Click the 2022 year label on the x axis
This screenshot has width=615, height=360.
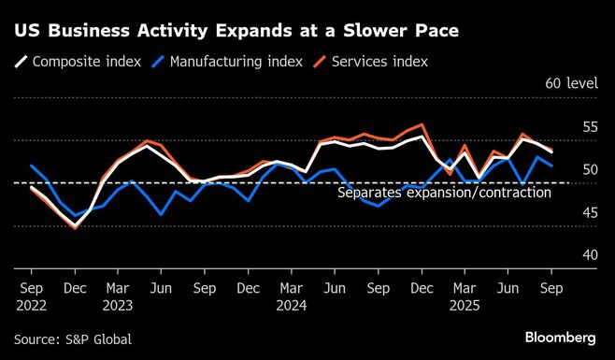(x=32, y=304)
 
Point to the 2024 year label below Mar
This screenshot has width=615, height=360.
(x=292, y=304)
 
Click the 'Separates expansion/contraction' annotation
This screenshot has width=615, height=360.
(x=443, y=193)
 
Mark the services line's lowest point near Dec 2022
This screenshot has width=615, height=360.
(x=75, y=227)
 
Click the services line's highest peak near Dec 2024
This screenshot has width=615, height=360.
(x=423, y=124)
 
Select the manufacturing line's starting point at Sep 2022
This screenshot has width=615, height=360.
(x=32, y=166)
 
